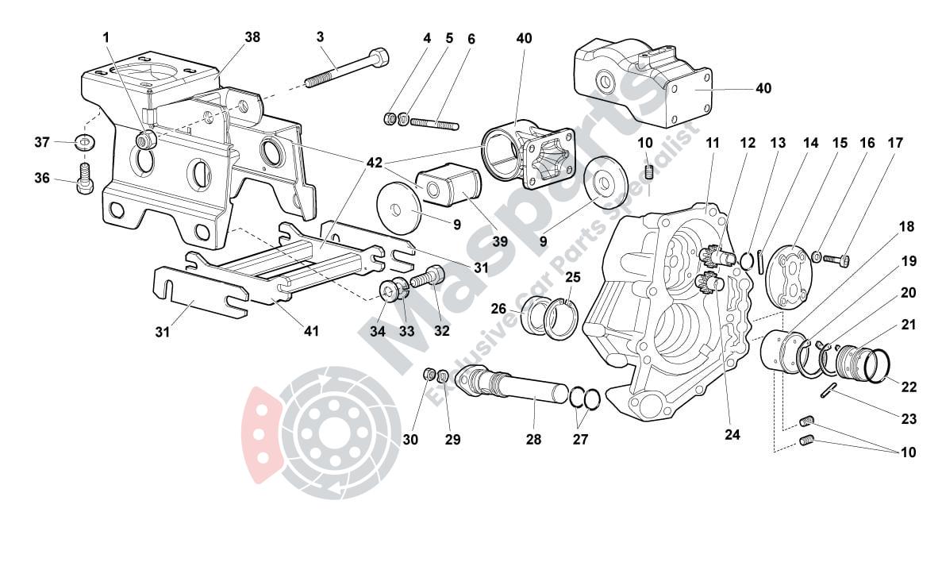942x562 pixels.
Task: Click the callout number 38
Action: [x=252, y=37]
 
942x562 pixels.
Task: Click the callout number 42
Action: [x=374, y=164]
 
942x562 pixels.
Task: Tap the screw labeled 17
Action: [x=840, y=258]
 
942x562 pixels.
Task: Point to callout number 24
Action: [x=732, y=434]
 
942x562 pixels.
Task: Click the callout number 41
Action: [x=311, y=330]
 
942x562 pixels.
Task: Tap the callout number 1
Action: [x=106, y=37]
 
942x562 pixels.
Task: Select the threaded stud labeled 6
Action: [x=435, y=123]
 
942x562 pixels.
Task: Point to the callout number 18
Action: [x=906, y=226]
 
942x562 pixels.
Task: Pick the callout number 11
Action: [x=712, y=143]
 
